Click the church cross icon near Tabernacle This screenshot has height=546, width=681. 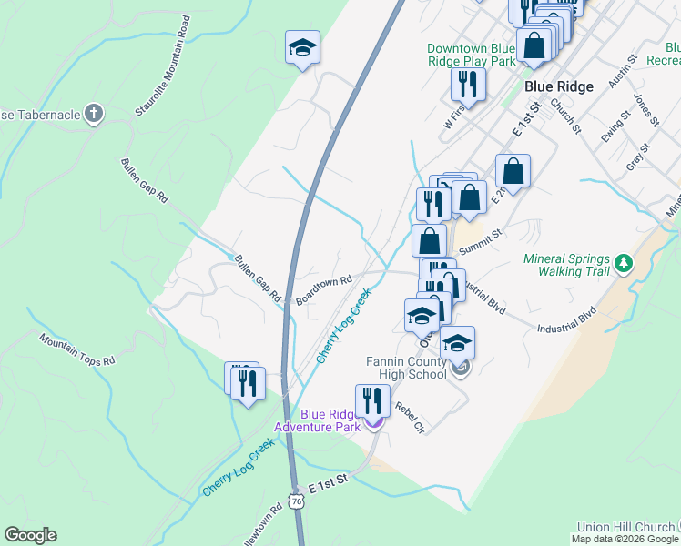coord(92,114)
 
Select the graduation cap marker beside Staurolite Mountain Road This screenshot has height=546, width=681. coord(302,48)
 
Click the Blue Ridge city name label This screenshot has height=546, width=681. coord(559,86)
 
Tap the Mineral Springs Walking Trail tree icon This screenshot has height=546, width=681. coord(624,264)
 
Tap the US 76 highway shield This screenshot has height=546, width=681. coord(296,501)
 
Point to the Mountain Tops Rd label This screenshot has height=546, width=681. coord(77,349)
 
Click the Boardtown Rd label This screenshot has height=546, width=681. coord(323,290)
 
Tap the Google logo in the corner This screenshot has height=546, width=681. coord(30,535)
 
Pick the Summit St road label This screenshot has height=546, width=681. coord(481,241)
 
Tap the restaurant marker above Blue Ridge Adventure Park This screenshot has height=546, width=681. coord(372,401)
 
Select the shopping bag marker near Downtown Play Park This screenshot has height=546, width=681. coord(534,45)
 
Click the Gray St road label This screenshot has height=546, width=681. coord(638,157)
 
